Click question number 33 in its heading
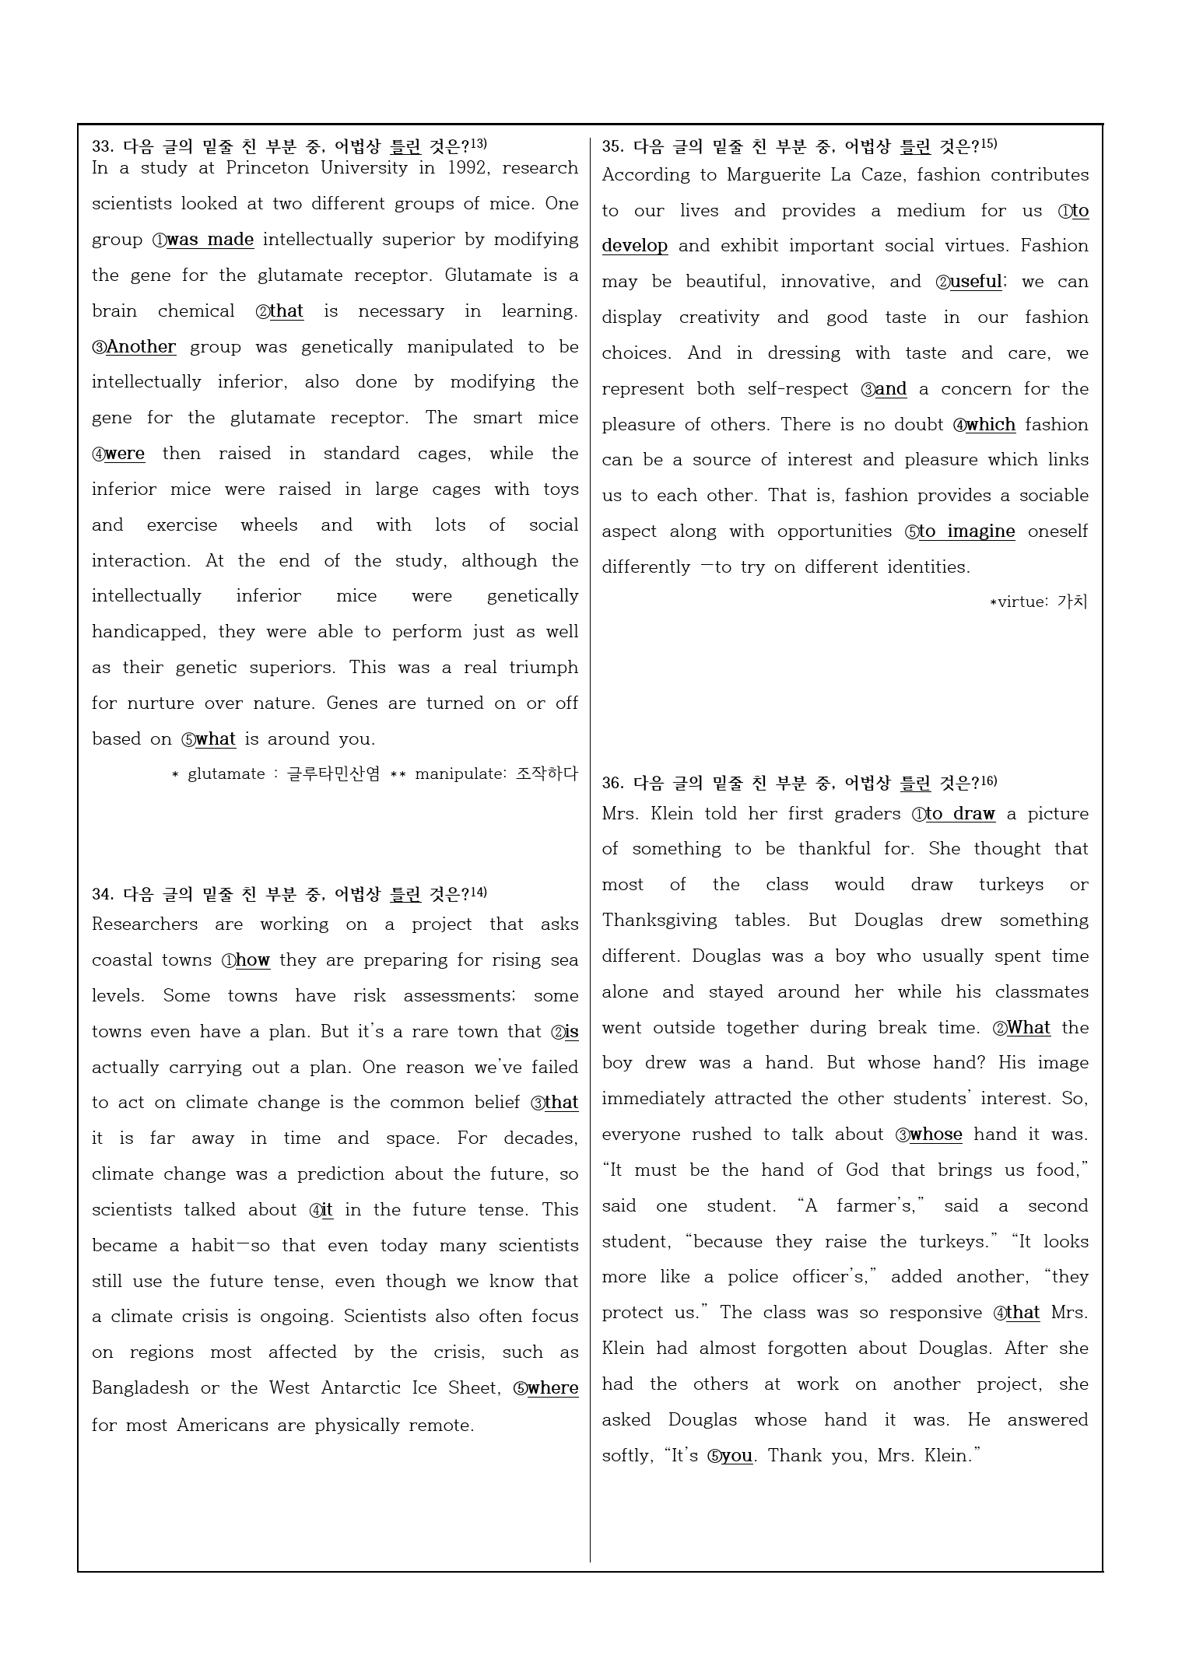pyautogui.click(x=103, y=146)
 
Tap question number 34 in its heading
pyautogui.click(x=103, y=895)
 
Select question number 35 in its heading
pyautogui.click(x=612, y=146)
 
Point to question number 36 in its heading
pyautogui.click(x=612, y=783)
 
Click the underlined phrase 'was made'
pyautogui.click(x=210, y=240)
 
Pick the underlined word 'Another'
pyautogui.click(x=141, y=347)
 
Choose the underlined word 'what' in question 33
pyautogui.click(x=216, y=739)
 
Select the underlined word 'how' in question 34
pyautogui.click(x=253, y=960)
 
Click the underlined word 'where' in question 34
pyautogui.click(x=552, y=1388)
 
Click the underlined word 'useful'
pyautogui.click(x=976, y=282)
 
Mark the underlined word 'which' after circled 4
pyautogui.click(x=991, y=425)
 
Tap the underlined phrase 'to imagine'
pyautogui.click(x=966, y=531)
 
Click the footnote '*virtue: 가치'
pyautogui.click(x=1038, y=602)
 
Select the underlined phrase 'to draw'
pyautogui.click(x=960, y=814)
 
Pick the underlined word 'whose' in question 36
pyautogui.click(x=935, y=1135)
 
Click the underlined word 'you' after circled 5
pyautogui.click(x=737, y=1456)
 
